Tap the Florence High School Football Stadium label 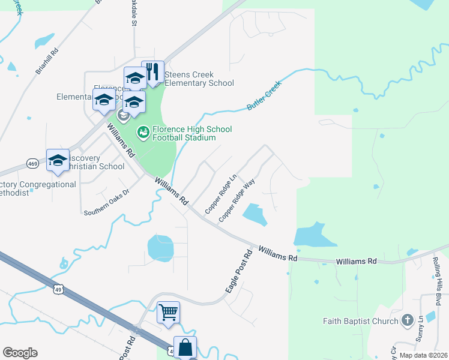191,133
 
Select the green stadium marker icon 143,131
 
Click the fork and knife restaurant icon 152,72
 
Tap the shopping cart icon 169,311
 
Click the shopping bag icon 185,347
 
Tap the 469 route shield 34,163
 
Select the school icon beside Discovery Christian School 58,160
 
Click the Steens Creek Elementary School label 199,79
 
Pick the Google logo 20,353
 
